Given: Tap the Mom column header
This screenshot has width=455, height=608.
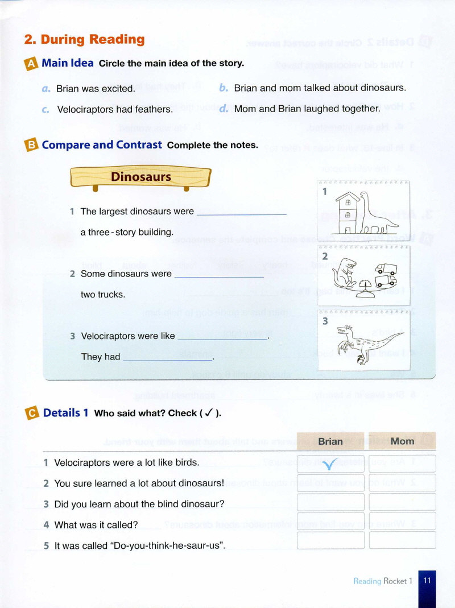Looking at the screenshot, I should (402, 441).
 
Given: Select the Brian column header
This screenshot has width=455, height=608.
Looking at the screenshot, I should (330, 441).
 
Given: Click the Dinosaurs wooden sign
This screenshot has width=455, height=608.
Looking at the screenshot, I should (140, 177).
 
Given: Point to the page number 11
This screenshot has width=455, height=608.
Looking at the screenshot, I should (427, 581).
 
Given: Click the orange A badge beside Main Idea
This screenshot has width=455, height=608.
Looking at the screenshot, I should (31, 64).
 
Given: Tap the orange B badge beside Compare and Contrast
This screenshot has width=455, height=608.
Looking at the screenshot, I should (31, 146).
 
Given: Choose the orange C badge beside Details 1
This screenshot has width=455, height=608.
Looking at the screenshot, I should (32, 413).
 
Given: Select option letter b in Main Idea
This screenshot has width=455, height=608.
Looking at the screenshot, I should (224, 88).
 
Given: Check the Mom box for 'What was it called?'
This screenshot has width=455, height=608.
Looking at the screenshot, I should (402, 521).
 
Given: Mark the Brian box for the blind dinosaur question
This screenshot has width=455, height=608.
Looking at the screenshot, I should (330, 502).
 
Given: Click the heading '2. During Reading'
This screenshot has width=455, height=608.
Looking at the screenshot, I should (84, 39).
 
